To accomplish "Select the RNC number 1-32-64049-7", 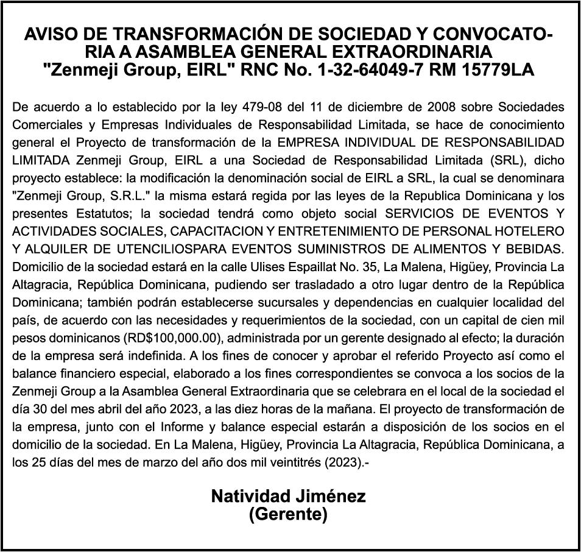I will [x=372, y=70].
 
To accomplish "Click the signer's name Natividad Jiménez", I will [x=288, y=497].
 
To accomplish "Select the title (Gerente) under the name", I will [x=288, y=515].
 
